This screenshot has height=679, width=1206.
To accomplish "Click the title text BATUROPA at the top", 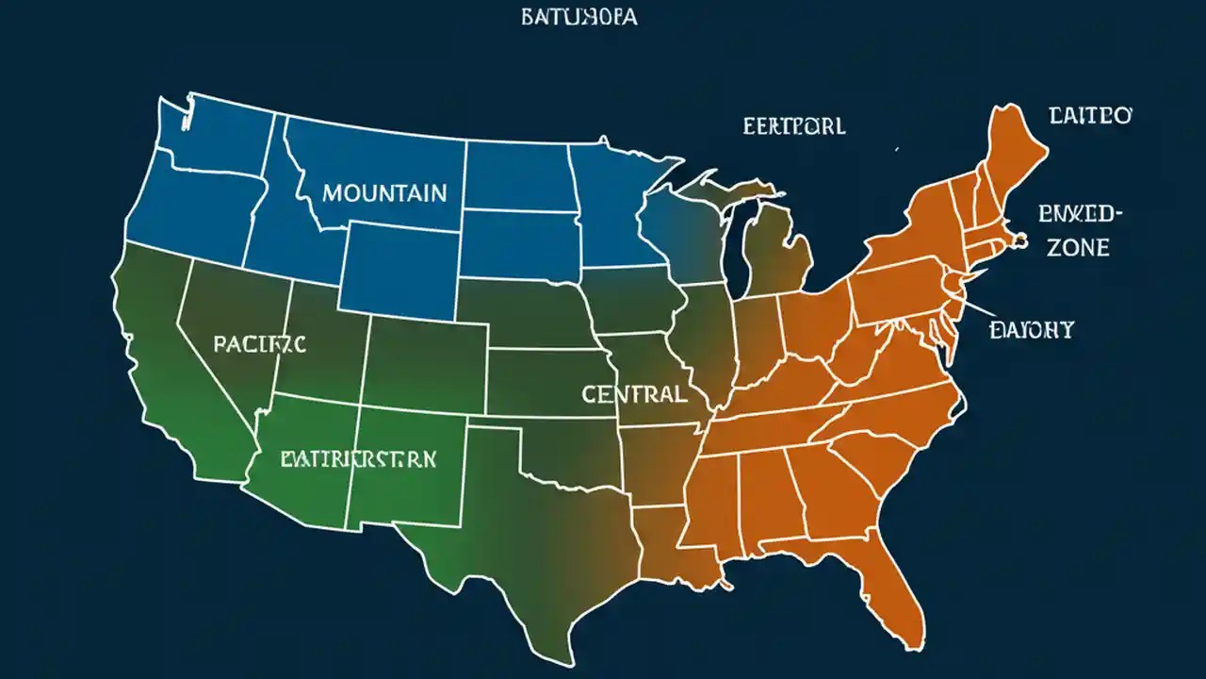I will coord(579,18).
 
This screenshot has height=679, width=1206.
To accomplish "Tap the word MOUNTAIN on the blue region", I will coord(384,193).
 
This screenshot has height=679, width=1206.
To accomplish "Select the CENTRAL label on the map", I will coord(634,394).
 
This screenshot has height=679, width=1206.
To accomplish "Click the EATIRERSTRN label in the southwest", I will coord(358,459).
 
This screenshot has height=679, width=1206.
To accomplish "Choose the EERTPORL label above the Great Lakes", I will coord(793,125).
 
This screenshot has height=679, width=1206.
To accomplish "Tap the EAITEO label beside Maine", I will coord(1090,116).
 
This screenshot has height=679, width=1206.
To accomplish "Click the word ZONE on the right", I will coord(1077,248).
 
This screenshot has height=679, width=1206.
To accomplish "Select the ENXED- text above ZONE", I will coord(1081,214).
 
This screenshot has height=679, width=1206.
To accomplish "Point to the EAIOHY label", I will coord(1032,329).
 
